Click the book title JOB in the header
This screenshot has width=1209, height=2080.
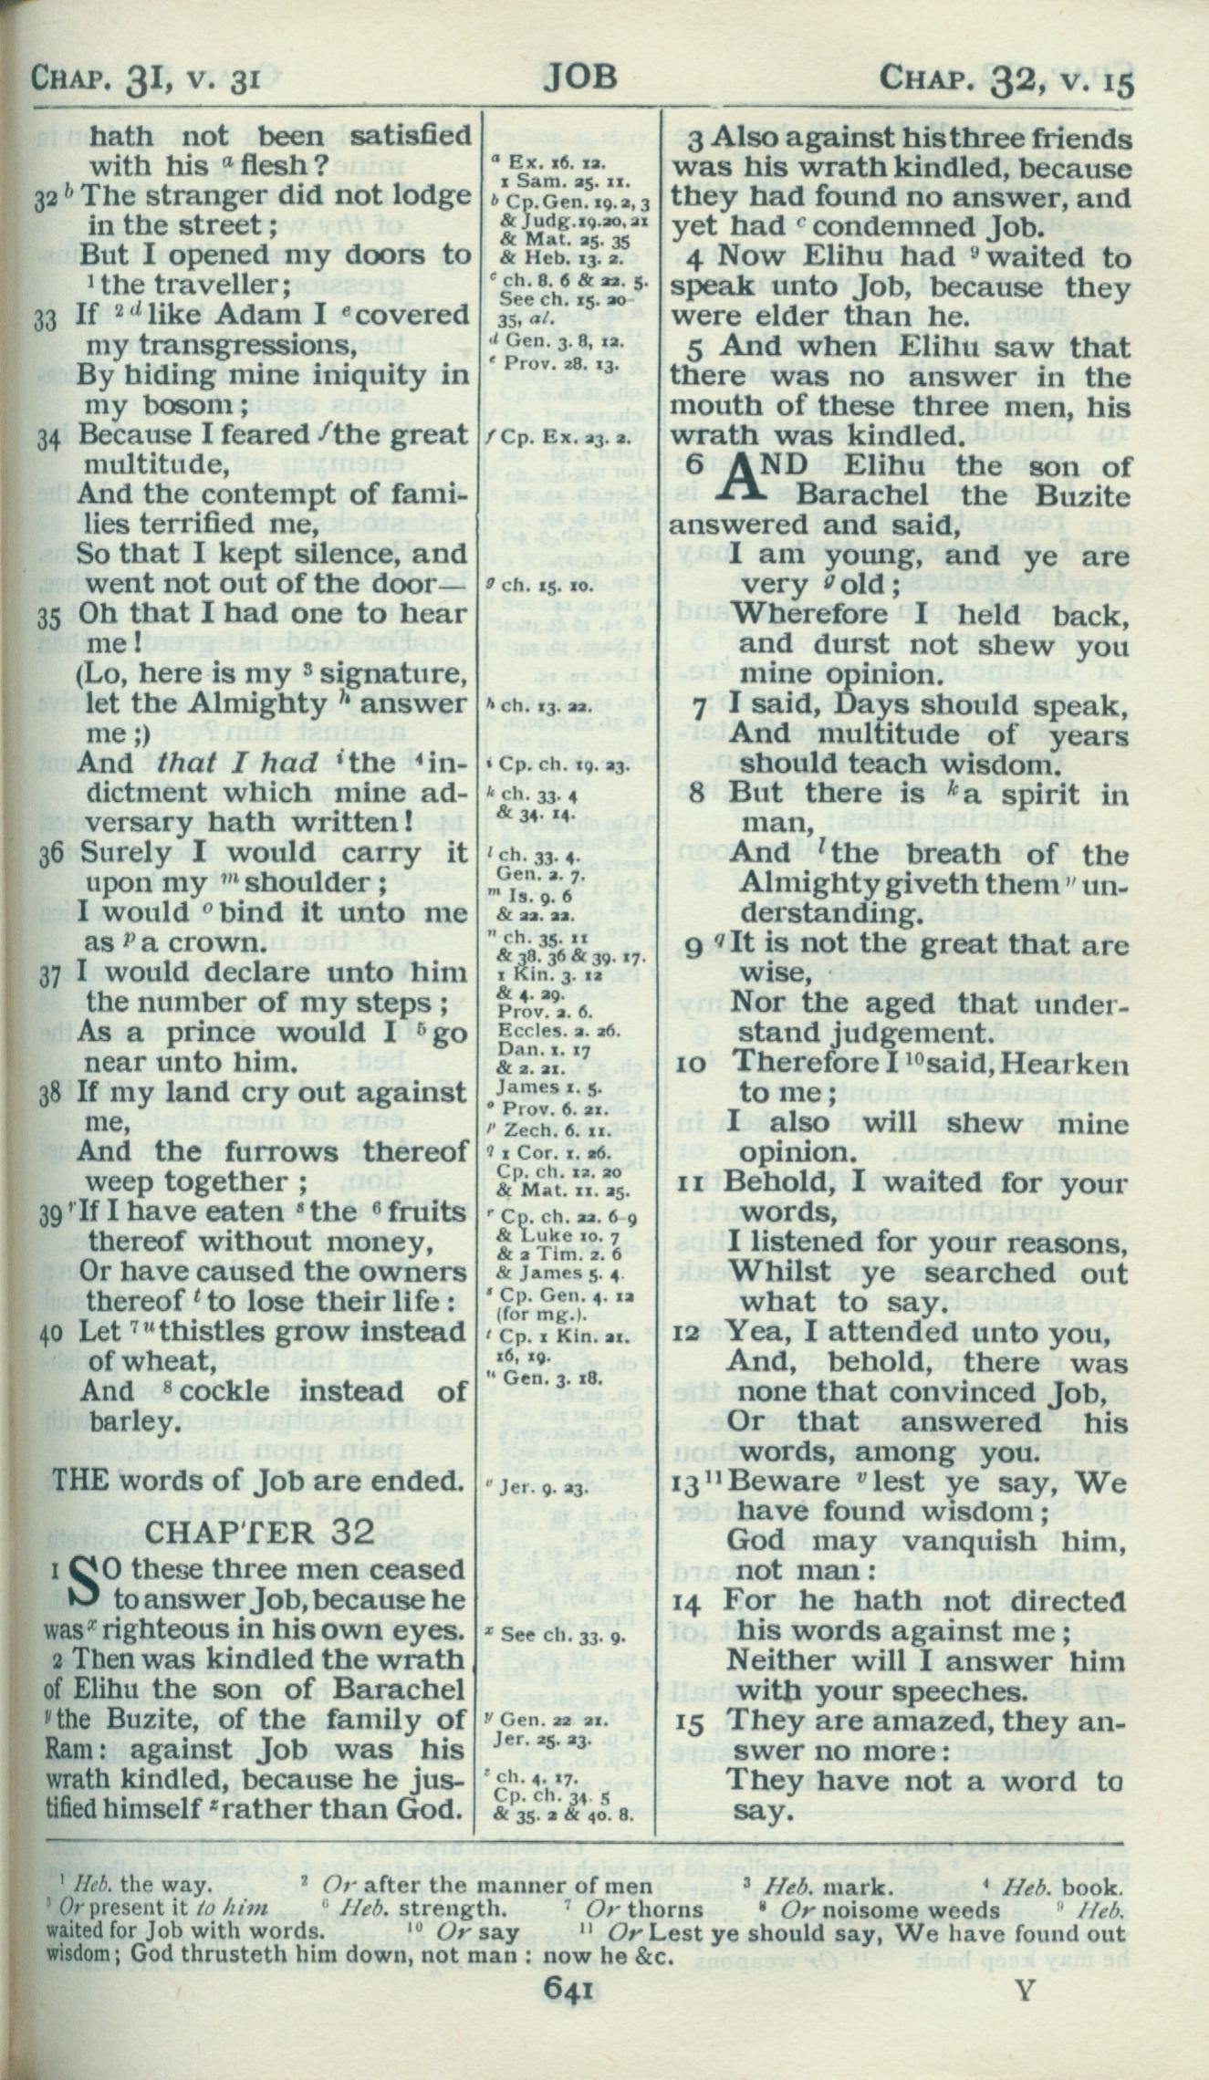(x=579, y=77)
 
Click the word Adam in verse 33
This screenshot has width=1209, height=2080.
(x=240, y=316)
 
